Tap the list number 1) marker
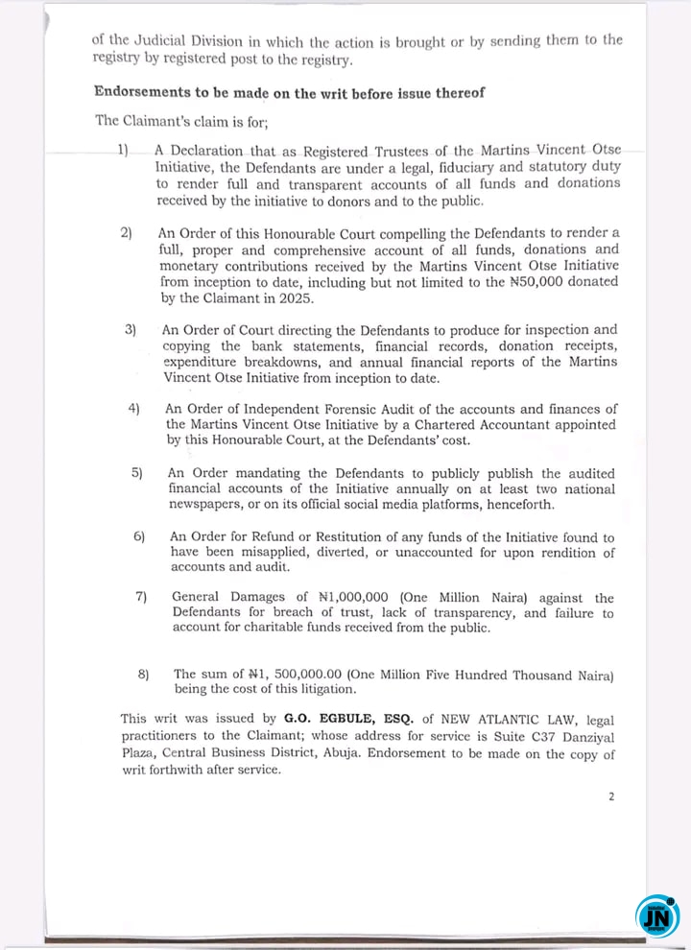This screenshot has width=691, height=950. (x=123, y=151)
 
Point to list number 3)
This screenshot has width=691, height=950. (x=131, y=329)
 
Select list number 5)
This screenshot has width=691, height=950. (x=137, y=473)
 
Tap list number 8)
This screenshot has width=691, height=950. (x=144, y=674)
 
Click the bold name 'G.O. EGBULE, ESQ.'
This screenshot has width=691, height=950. (x=345, y=718)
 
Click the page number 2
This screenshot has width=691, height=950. (x=611, y=796)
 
